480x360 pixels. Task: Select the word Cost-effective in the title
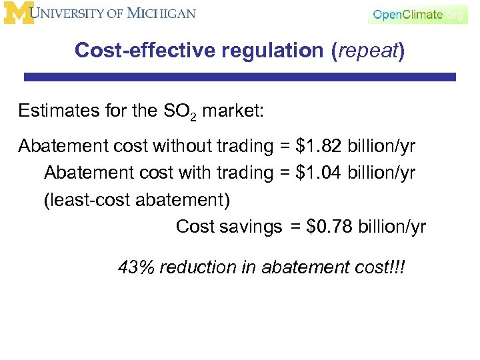(x=137, y=51)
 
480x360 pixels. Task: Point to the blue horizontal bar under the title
(x=240, y=77)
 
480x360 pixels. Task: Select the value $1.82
(x=319, y=146)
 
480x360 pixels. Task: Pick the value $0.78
(x=329, y=227)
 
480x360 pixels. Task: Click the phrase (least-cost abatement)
(x=141, y=200)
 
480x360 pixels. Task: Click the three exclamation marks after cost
(x=398, y=267)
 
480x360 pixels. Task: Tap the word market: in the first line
(x=233, y=110)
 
